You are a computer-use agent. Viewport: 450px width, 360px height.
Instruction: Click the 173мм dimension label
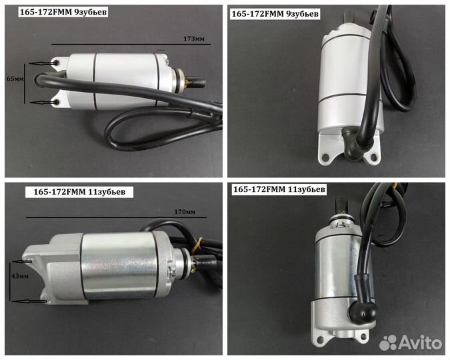click(x=194, y=39)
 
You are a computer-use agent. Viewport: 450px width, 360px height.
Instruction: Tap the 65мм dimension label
click(x=15, y=79)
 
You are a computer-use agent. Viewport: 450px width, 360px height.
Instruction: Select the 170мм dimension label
click(x=185, y=212)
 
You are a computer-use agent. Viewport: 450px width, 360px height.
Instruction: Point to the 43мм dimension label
click(x=20, y=276)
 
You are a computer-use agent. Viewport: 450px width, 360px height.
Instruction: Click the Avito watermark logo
click(x=411, y=343)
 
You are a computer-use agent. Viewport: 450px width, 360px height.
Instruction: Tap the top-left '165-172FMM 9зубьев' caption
click(x=63, y=13)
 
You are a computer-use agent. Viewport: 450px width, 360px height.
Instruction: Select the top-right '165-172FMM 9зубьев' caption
click(x=275, y=14)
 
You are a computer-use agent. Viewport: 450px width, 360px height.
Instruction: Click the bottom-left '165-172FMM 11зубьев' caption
click(x=79, y=192)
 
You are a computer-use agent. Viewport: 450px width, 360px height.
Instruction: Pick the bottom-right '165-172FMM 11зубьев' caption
click(x=279, y=189)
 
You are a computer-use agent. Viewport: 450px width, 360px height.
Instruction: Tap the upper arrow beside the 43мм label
click(x=22, y=262)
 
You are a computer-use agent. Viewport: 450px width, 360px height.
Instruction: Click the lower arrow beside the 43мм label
click(x=29, y=301)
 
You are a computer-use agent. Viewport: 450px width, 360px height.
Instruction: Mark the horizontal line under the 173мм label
click(x=131, y=45)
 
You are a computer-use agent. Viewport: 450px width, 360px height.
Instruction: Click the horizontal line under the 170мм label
click(x=116, y=217)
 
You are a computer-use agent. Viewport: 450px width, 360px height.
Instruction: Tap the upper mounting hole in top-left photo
click(x=56, y=63)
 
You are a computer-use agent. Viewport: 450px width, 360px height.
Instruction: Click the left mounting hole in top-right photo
click(x=325, y=157)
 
